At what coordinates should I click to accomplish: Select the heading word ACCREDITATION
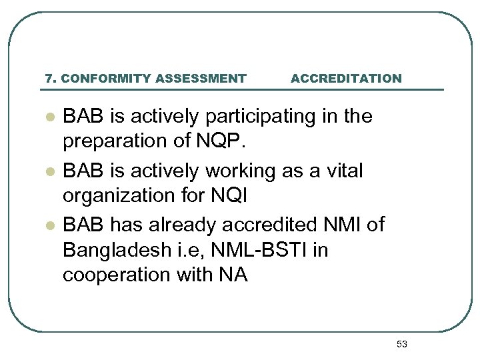(x=346, y=79)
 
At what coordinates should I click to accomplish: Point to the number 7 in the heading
(x=48, y=79)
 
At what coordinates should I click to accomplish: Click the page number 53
(x=401, y=344)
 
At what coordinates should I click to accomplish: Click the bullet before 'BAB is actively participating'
(x=49, y=117)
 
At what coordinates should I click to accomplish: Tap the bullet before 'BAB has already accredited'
(x=49, y=225)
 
